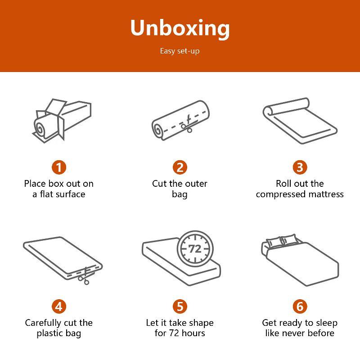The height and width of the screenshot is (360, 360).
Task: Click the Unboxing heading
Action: click(x=180, y=28)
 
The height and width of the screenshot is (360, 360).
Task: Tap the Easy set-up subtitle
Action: click(x=180, y=51)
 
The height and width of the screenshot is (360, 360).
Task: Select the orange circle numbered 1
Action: click(x=59, y=167)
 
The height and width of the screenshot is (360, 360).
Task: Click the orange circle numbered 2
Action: click(x=180, y=167)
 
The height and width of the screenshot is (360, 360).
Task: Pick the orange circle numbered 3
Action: click(x=300, y=167)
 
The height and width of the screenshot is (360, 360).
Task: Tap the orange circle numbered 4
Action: click(x=59, y=306)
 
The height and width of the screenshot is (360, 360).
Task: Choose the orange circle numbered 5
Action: click(x=180, y=306)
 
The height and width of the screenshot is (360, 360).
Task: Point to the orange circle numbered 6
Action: click(x=300, y=306)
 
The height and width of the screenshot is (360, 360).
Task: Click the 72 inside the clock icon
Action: click(x=195, y=249)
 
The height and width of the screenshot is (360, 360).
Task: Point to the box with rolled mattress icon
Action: click(x=62, y=121)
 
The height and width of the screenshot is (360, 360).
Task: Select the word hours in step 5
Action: click(x=193, y=333)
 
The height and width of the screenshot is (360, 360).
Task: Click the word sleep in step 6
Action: click(x=327, y=323)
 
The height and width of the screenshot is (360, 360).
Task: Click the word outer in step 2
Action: click(x=196, y=184)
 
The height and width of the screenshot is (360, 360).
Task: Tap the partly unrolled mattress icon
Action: click(x=300, y=121)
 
